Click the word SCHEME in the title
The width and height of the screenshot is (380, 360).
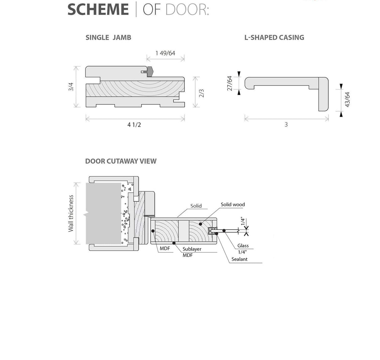coord(98,9)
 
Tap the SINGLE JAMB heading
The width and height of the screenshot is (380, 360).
coord(108,38)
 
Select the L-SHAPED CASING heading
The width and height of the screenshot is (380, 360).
coord(274,38)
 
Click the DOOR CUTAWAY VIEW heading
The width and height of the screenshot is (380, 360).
coord(121,161)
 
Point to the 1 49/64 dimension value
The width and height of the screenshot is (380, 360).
coord(165,53)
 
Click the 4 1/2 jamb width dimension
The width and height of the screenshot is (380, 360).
coord(134,125)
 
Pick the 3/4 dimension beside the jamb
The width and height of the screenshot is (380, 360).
coord(71,87)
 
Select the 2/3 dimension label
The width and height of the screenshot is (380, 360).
coord(202,93)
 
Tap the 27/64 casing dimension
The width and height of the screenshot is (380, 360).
coord(230,83)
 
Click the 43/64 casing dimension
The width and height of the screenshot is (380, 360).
coord(347,99)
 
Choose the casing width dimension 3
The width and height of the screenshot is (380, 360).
coord(286,125)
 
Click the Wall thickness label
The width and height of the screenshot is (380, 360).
coord(71,213)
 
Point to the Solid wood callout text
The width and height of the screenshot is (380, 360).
coord(233,205)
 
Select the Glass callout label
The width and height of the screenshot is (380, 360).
coord(243,246)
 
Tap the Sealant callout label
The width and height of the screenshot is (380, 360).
coord(239,259)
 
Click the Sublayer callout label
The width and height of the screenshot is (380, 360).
coord(192,249)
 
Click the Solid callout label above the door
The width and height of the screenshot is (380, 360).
coord(196,206)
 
